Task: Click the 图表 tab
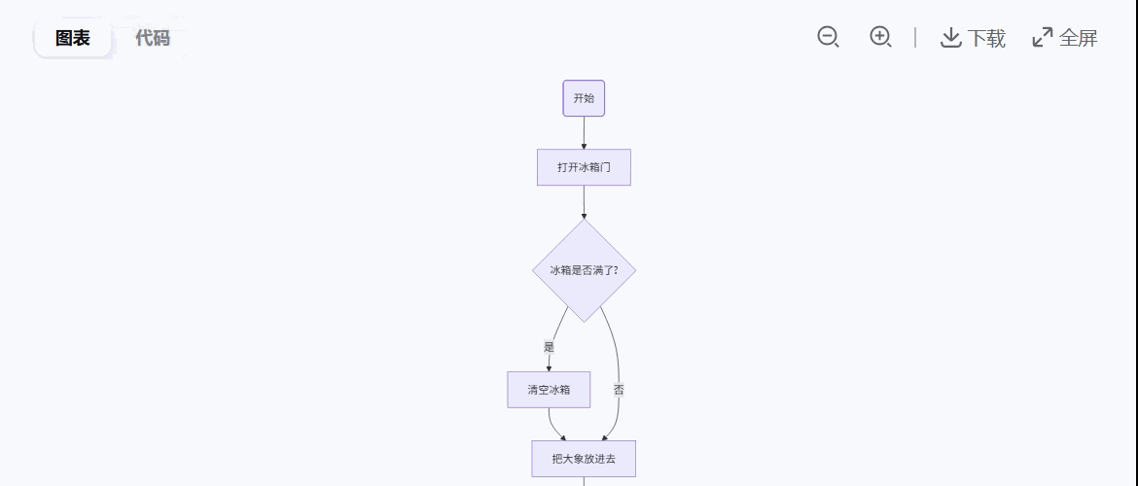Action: coord(73,38)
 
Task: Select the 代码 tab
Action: coord(152,38)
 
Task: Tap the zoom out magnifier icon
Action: coord(828,37)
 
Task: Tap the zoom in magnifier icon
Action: coord(880,37)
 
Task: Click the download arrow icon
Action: coord(950,37)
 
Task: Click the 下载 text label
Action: coord(986,38)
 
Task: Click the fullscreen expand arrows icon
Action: coord(1042,37)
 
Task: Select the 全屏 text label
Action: coord(1078,38)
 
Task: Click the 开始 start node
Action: coord(584,98)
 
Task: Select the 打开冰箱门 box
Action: coord(584,167)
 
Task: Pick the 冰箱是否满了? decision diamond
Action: coord(584,270)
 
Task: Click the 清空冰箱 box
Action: coord(549,390)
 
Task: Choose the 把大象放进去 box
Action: coord(584,459)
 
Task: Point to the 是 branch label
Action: coord(549,347)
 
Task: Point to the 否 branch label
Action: coord(619,390)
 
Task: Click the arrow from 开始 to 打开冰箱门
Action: coord(584,132)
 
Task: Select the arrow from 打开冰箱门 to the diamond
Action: coord(584,201)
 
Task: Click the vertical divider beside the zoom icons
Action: coord(915,37)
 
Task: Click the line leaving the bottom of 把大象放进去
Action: coord(584,481)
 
